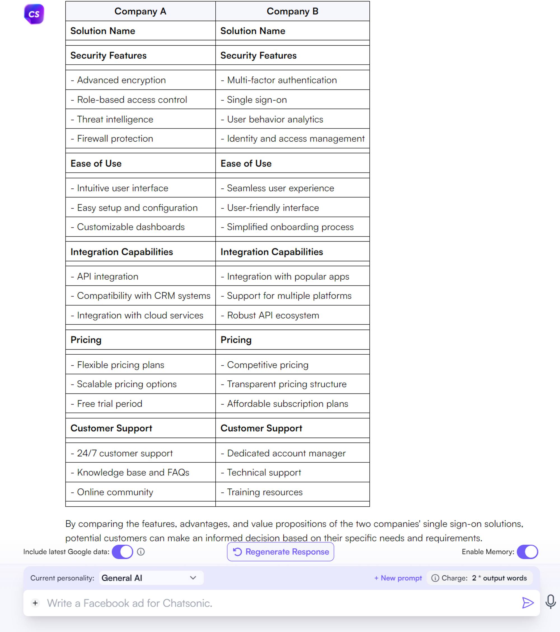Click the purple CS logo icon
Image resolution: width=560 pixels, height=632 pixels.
point(34,14)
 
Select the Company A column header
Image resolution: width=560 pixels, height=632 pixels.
point(140,11)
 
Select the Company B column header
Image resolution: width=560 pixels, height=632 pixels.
point(292,11)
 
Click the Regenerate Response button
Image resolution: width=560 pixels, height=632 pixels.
point(280,552)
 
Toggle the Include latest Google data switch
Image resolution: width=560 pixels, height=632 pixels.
point(123,552)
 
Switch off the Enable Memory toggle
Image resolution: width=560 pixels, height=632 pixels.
point(527,552)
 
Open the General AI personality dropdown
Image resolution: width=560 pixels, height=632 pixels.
point(151,578)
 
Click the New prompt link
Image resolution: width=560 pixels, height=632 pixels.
point(398,578)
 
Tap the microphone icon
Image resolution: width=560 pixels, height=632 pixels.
point(550,602)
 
